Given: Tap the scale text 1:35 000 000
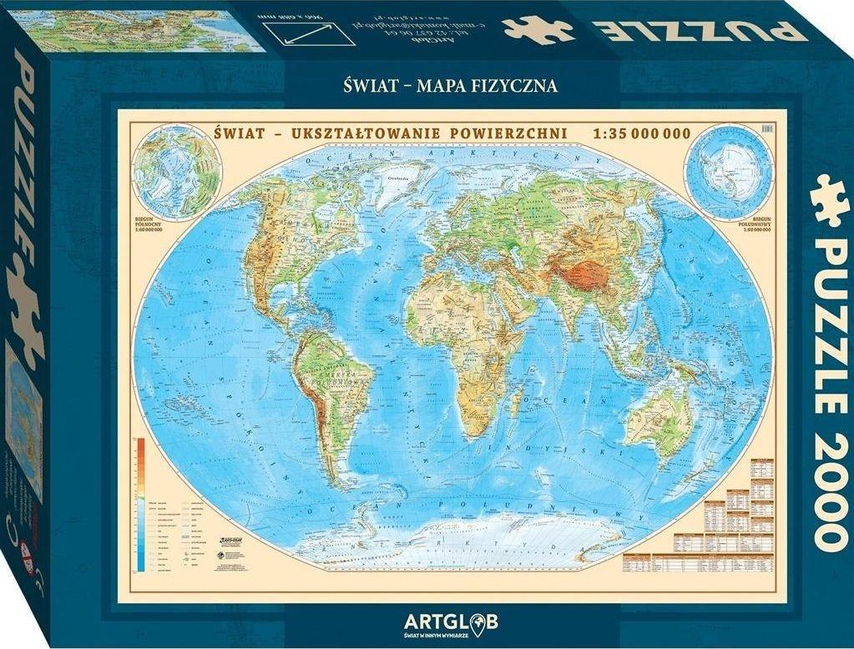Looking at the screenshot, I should pos(641,133).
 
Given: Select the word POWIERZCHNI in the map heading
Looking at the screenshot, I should pos(513,133).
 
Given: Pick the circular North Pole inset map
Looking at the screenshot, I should pos(176,172).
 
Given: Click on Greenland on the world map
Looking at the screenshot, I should pos(398,180).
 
